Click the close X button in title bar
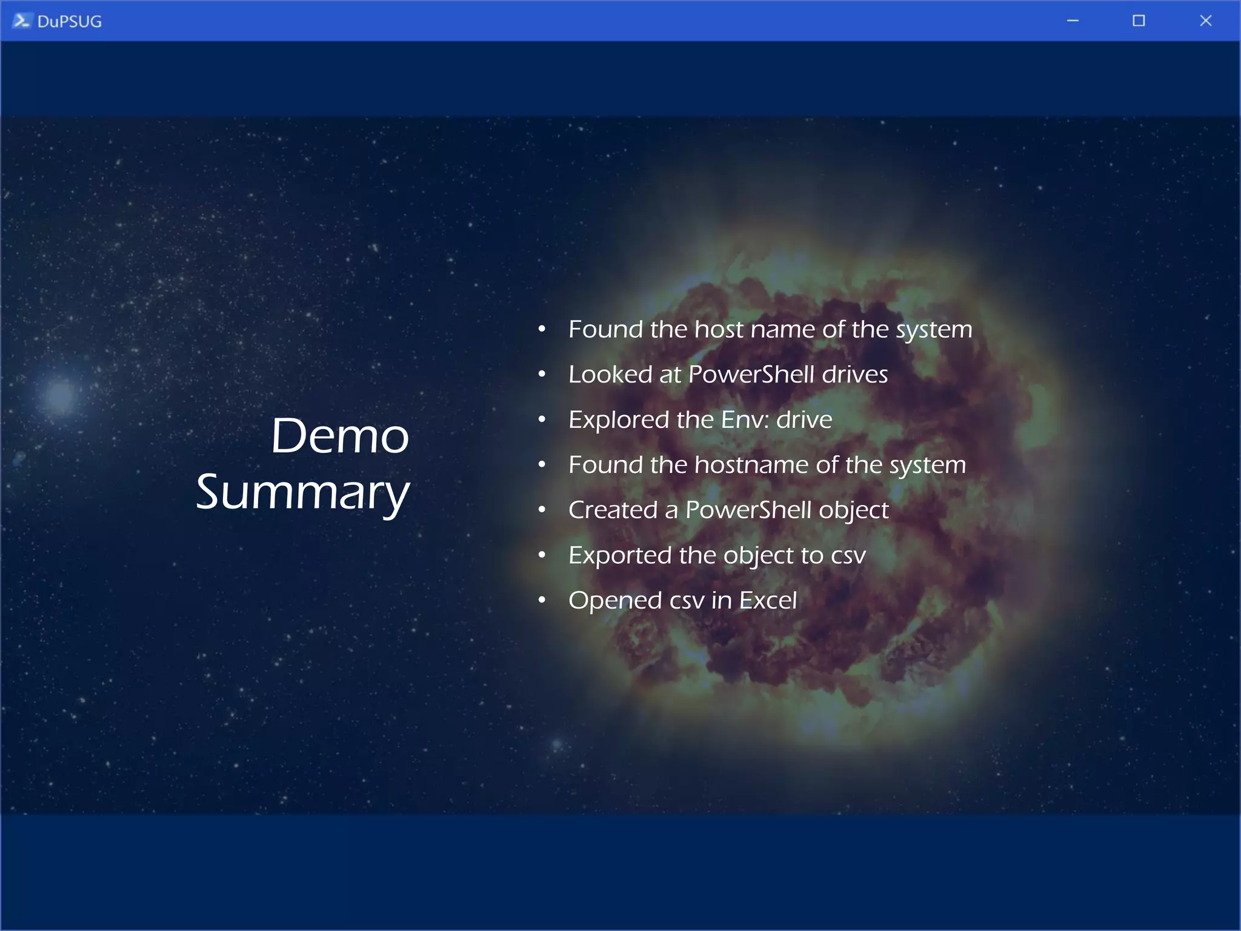(x=1205, y=21)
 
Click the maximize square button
(x=1139, y=21)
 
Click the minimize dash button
(x=1073, y=21)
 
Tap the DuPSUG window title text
(x=69, y=22)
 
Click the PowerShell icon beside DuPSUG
(x=21, y=21)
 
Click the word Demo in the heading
(x=339, y=436)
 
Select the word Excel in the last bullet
(x=768, y=601)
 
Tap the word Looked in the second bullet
(x=610, y=375)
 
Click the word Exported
(x=619, y=555)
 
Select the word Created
(x=613, y=510)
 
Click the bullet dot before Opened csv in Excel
(x=542, y=600)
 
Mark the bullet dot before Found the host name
(x=542, y=329)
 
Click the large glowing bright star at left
(x=60, y=395)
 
